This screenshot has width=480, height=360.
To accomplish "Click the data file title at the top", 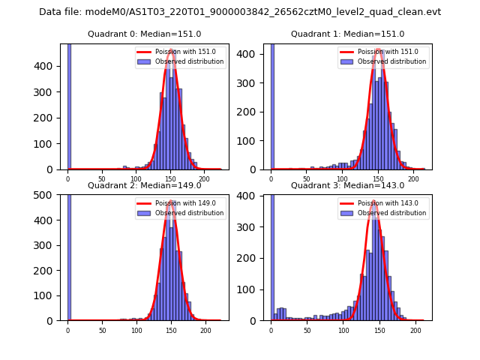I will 240,12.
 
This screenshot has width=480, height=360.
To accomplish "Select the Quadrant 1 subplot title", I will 347,34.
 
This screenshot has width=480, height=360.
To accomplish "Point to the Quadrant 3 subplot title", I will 347,185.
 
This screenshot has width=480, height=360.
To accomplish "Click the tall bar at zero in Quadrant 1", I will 272,106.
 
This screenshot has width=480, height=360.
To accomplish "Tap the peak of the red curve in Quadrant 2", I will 171,201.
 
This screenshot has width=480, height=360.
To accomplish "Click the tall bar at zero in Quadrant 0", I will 69,106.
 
